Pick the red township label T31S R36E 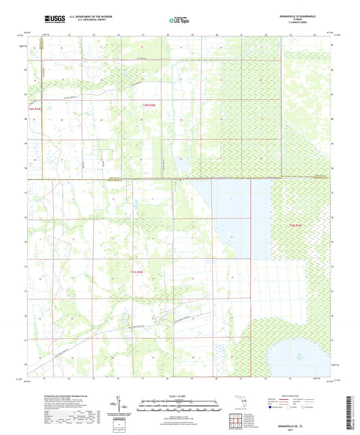(296, 224)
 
